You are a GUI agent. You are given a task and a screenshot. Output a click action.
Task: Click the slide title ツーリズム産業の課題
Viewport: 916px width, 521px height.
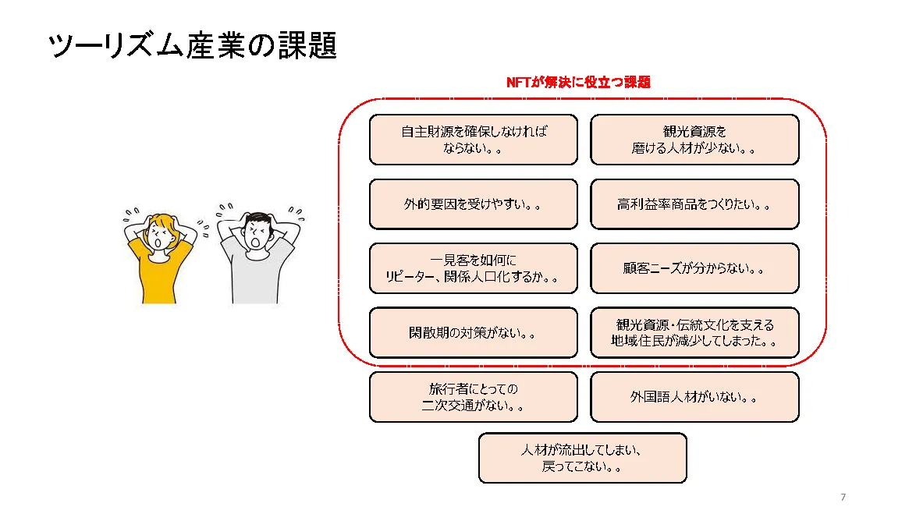pyautogui.click(x=192, y=45)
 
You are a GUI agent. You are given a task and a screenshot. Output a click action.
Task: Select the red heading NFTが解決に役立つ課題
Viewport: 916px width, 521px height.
pyautogui.click(x=578, y=83)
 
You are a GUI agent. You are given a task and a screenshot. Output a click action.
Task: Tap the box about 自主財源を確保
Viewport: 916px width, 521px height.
pyautogui.click(x=473, y=140)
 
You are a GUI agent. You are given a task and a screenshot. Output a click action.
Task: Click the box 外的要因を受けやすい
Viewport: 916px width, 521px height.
pyautogui.click(x=473, y=204)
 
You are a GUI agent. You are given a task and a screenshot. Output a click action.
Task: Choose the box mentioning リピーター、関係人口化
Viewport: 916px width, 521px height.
pyautogui.click(x=473, y=268)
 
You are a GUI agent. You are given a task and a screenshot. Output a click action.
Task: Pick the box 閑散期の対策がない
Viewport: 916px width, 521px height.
pyautogui.click(x=473, y=333)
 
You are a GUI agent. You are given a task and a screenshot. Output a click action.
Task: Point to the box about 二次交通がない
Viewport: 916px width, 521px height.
pyautogui.click(x=473, y=397)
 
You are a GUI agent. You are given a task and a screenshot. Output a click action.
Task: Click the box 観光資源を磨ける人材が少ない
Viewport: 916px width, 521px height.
pyautogui.click(x=694, y=140)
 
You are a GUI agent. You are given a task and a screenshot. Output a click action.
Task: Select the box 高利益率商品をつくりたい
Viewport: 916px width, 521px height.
pyautogui.click(x=694, y=204)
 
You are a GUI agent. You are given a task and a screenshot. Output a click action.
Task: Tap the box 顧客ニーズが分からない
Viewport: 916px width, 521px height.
pyautogui.click(x=694, y=268)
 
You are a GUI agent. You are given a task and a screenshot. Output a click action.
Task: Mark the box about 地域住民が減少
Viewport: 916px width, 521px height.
pyautogui.click(x=694, y=333)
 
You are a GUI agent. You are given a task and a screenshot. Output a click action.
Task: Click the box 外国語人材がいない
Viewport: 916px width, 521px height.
pyautogui.click(x=694, y=397)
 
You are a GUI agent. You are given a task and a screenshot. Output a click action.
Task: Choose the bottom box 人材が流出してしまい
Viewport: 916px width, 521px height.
pyautogui.click(x=582, y=458)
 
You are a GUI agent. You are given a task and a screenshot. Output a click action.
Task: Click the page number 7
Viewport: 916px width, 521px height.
pyautogui.click(x=843, y=497)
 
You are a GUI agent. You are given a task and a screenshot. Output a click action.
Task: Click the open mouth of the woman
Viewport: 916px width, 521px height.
pyautogui.click(x=158, y=243)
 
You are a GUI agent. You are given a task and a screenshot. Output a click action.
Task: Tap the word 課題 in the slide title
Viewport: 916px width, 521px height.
pyautogui.click(x=307, y=45)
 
